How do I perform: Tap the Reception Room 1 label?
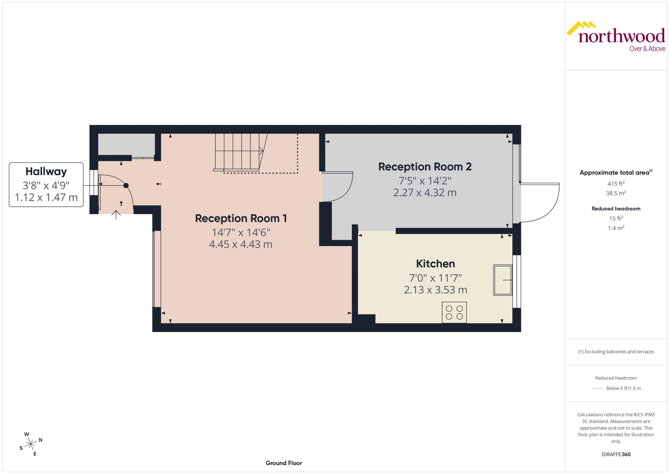(x=241, y=218)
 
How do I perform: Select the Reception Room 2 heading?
(x=425, y=167)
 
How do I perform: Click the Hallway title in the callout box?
(x=46, y=171)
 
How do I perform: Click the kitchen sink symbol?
(x=502, y=280)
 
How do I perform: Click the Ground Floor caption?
(x=284, y=463)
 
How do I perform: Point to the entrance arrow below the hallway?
(x=116, y=215)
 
